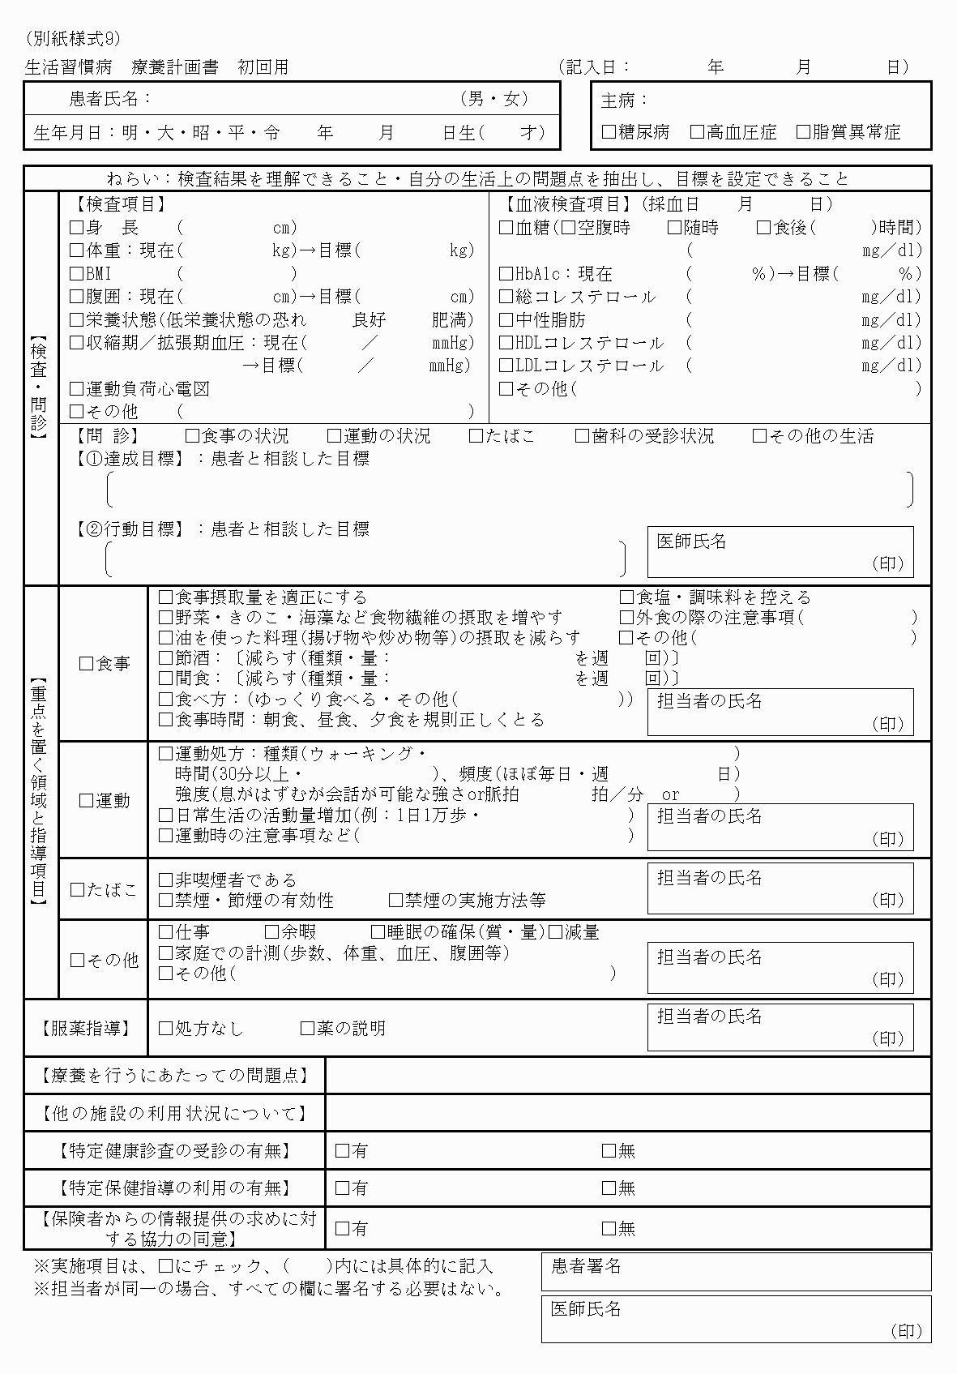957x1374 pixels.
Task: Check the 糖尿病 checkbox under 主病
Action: point(609,131)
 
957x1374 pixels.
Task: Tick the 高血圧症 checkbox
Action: point(698,131)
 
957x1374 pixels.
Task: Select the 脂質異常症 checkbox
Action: point(803,131)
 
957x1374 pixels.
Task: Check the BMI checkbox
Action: point(77,274)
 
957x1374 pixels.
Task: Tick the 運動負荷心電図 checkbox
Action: point(77,389)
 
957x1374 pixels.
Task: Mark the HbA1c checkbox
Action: point(506,274)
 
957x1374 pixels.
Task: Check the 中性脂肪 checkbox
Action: point(506,320)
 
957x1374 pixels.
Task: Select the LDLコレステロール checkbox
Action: point(506,366)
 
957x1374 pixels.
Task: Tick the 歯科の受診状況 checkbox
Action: point(582,436)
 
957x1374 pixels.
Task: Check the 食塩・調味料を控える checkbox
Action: point(626,597)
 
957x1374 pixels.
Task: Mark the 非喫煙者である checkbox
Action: point(166,880)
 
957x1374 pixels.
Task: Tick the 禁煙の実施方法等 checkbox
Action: point(395,900)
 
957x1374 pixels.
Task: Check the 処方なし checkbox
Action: point(166,1028)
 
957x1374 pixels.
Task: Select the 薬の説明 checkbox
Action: point(307,1028)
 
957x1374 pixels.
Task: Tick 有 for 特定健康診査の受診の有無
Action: point(342,1150)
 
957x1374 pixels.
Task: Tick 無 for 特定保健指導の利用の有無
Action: point(609,1188)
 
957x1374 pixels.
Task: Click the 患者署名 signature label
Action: point(586,1266)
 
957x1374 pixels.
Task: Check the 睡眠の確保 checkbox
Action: point(378,932)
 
